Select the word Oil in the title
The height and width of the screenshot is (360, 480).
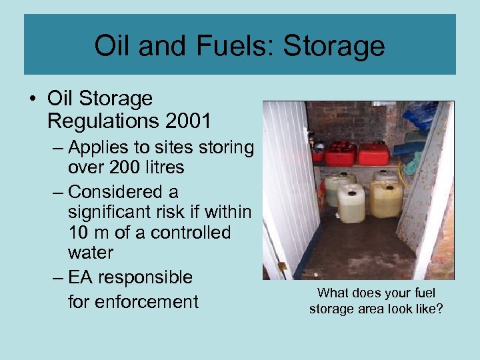(x=113, y=46)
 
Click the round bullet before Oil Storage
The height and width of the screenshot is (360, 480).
(x=33, y=100)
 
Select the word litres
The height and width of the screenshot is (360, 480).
(x=165, y=167)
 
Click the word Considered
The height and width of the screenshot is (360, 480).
(x=124, y=192)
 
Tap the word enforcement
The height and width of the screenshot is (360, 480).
(x=146, y=302)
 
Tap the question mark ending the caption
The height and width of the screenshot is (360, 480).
(x=439, y=309)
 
